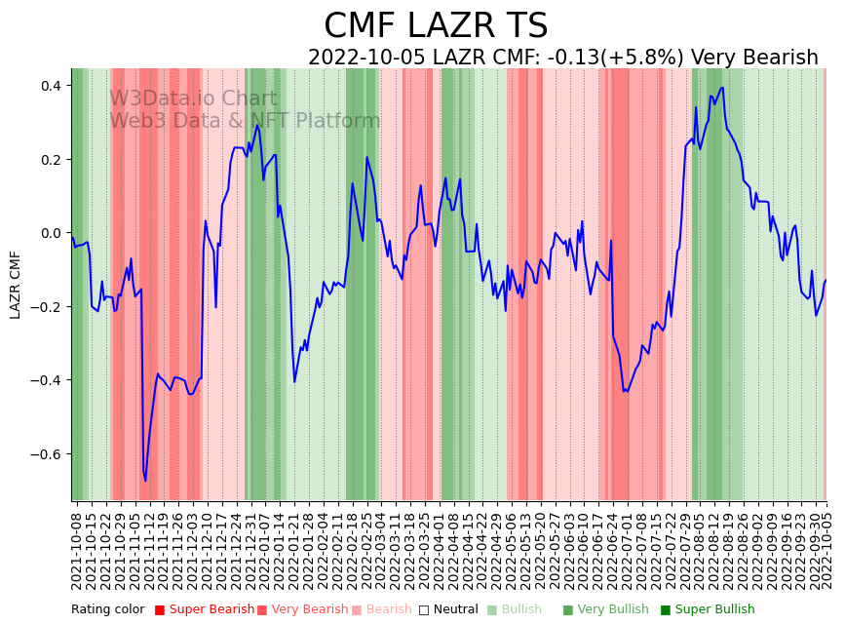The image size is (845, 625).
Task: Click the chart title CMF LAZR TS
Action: [x=436, y=26]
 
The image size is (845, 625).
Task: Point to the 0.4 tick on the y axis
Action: [x=51, y=86]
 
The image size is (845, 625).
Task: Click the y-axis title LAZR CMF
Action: [x=16, y=285]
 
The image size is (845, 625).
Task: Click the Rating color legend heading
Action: [x=107, y=610]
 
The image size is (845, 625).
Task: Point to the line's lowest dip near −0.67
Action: [x=145, y=480]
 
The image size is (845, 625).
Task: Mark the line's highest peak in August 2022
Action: [x=722, y=88]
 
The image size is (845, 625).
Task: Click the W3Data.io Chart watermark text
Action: [x=193, y=99]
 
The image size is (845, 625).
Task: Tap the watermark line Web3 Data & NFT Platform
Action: [x=245, y=122]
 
